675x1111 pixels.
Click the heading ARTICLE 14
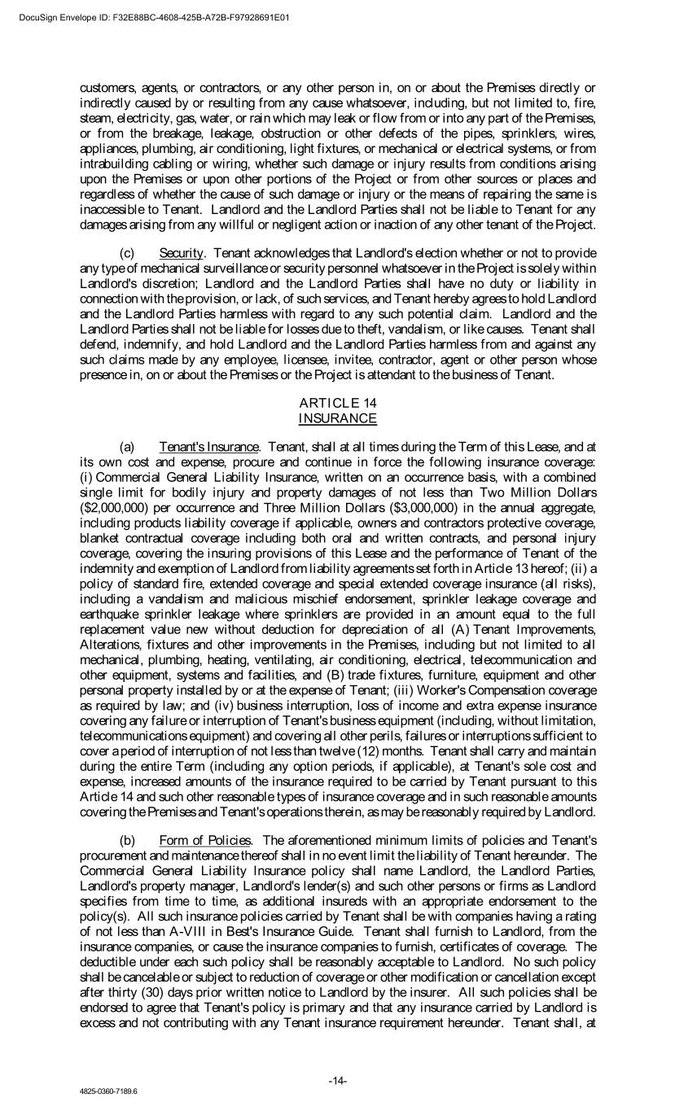tap(337, 402)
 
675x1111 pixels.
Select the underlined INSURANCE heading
tap(337, 418)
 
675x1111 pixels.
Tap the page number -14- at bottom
tap(338, 1081)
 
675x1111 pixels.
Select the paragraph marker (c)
tap(127, 253)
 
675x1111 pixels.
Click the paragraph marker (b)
tap(127, 840)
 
